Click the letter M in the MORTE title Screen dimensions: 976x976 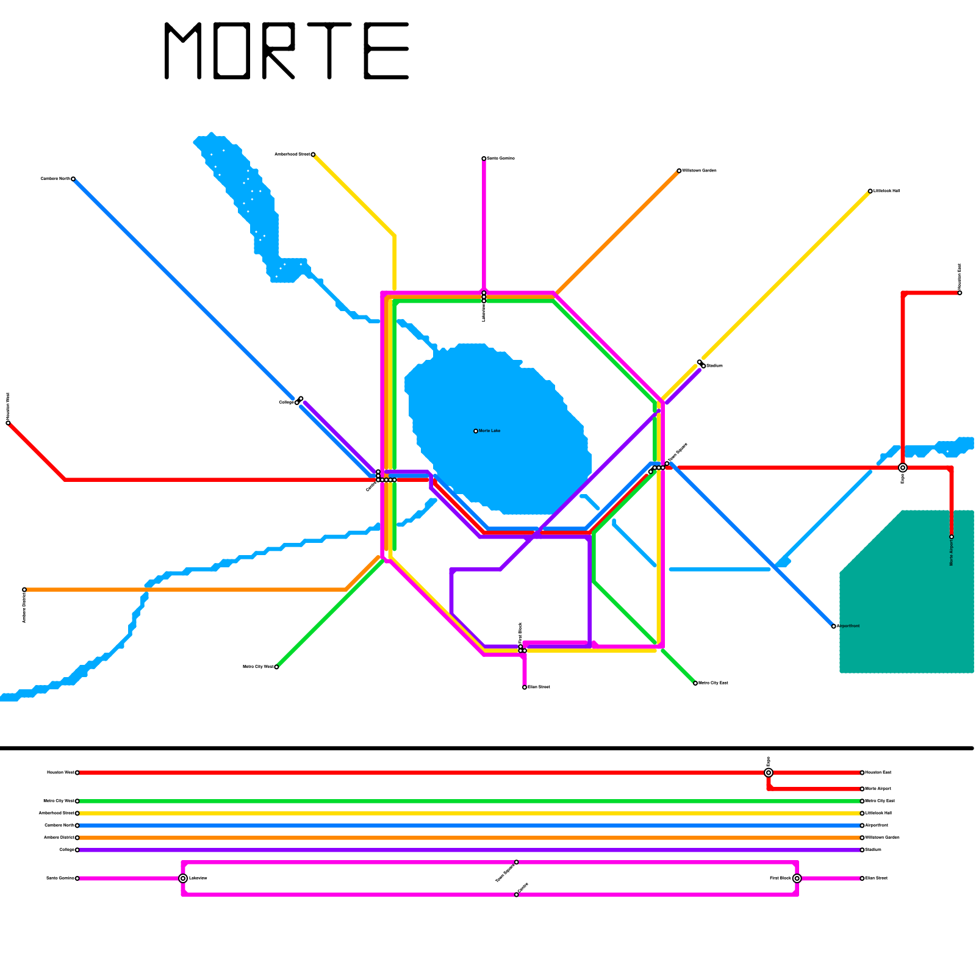(x=182, y=51)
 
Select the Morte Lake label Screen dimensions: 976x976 (x=489, y=431)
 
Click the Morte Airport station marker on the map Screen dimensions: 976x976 (x=952, y=537)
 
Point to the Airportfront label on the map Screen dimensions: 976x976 (x=848, y=626)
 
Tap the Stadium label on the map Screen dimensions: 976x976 (x=714, y=366)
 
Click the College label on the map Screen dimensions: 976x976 (x=286, y=403)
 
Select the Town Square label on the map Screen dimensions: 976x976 (x=677, y=453)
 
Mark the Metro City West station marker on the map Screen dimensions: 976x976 (x=276, y=667)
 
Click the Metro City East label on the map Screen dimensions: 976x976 (x=713, y=683)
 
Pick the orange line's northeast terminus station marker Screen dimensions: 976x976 (x=679, y=171)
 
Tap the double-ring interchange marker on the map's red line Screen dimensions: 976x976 (x=903, y=468)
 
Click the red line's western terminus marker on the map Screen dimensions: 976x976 (x=8, y=423)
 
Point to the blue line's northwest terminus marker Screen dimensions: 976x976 (x=73, y=179)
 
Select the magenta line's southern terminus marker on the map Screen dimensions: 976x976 (x=525, y=687)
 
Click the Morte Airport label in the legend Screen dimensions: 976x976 (x=878, y=789)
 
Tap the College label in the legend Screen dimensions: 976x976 (x=66, y=850)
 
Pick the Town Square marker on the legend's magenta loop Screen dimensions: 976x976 (x=517, y=862)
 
